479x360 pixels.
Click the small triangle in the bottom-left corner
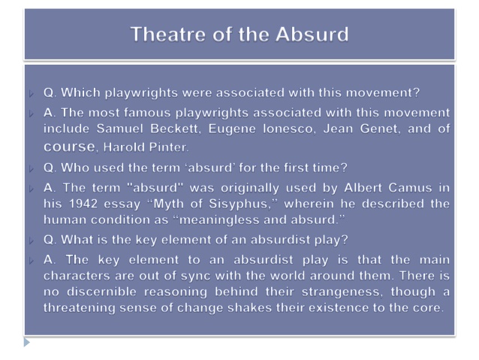(x=27, y=342)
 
